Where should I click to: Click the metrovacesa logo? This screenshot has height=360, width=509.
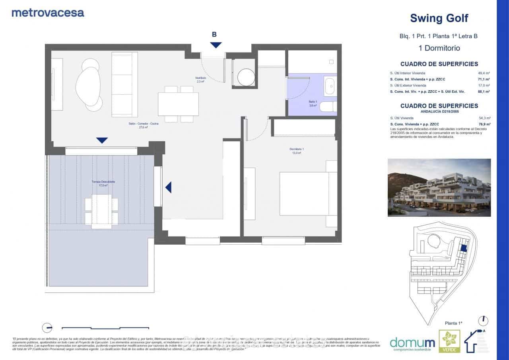pyautogui.click(x=48, y=12)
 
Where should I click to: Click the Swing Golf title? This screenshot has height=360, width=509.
pyautogui.click(x=439, y=18)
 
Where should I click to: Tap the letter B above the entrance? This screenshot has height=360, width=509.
pyautogui.click(x=214, y=35)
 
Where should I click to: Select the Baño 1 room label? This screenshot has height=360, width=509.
pyautogui.click(x=313, y=103)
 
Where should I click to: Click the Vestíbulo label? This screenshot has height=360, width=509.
pyautogui.click(x=200, y=79)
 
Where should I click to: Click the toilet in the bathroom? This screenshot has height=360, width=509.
pyautogui.click(x=329, y=107)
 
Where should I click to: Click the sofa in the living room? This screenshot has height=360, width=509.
pyautogui.click(x=124, y=85)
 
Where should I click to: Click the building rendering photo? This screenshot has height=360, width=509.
pyautogui.click(x=439, y=188)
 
